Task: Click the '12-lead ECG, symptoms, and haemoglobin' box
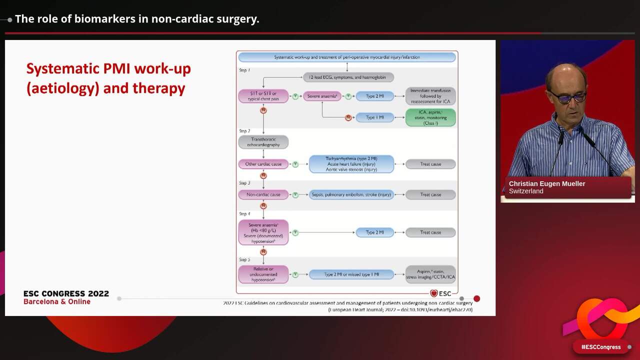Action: coord(348,77)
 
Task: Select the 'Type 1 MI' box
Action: coord(374,117)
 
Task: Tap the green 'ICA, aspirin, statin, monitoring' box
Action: coord(430,117)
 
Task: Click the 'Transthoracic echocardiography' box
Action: coord(263,141)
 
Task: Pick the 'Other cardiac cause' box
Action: coord(263,164)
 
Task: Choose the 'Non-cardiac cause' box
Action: coord(263,194)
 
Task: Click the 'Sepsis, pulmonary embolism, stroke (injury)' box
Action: coord(351,194)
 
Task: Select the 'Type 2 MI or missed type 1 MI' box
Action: coord(351,274)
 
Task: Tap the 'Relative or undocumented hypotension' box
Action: coord(263,274)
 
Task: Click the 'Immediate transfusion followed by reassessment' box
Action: coord(430,96)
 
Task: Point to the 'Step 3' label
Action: coord(244,183)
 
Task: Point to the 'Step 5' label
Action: coord(244,259)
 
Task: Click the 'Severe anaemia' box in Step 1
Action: coord(322,96)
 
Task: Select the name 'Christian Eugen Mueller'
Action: coord(547,183)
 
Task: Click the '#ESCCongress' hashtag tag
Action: coord(600,347)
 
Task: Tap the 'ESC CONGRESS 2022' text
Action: coord(66,294)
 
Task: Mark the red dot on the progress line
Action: coord(476,298)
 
